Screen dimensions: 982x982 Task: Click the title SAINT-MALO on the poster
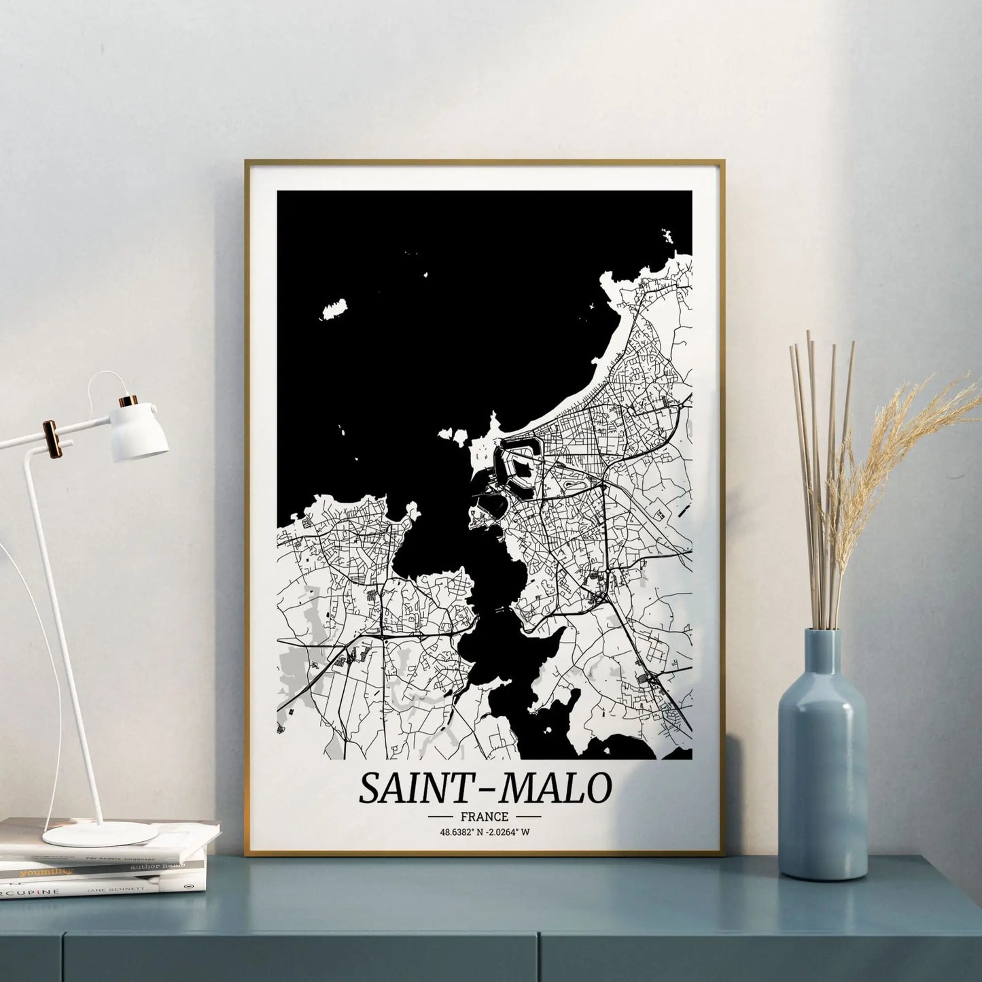coord(485,788)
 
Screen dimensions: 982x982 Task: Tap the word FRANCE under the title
coord(484,816)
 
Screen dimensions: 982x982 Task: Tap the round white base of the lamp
coord(100,834)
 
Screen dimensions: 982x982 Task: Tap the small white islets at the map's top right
coord(665,237)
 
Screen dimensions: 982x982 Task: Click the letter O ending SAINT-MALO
coord(597,789)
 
